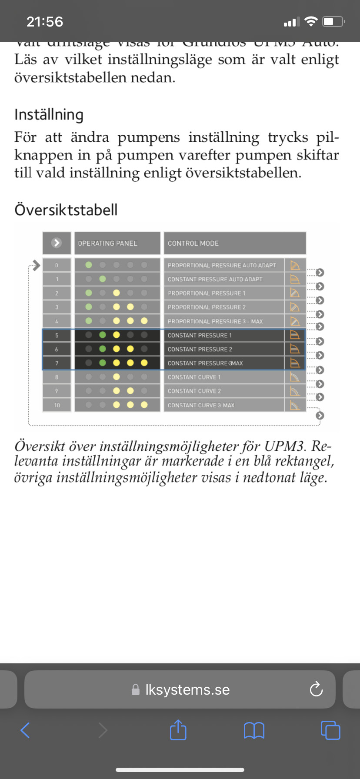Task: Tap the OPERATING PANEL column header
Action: tap(107, 243)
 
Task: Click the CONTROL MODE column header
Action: tap(193, 243)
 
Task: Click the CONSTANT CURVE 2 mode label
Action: tap(194, 391)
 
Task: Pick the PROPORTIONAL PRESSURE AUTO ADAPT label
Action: tap(222, 265)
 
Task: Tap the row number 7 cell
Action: tap(57, 363)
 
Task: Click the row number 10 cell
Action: tap(57, 405)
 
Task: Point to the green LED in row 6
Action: tap(103, 349)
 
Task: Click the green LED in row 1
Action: tap(103, 279)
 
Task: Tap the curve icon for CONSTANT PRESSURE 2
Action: tap(295, 349)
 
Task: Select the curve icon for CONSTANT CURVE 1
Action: tap(295, 377)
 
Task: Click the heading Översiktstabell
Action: tap(66, 210)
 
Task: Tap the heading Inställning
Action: tap(49, 115)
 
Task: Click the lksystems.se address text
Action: tap(187, 689)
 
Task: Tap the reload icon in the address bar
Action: tap(316, 689)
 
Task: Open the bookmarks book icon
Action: tap(254, 730)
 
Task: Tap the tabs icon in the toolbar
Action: tap(330, 730)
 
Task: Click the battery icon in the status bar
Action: tap(333, 22)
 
